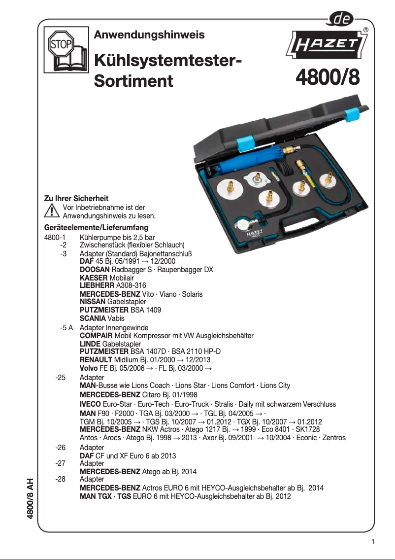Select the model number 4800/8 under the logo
pos(328,78)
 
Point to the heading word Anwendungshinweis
pos(149,35)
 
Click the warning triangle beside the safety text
pos(51,211)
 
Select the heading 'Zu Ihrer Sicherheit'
pos(76,198)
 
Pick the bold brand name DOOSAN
pos(95,270)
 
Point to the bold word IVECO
pos(90,404)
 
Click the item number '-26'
pos(61,448)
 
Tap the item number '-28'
pos(61,479)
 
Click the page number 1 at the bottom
pos(373,542)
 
